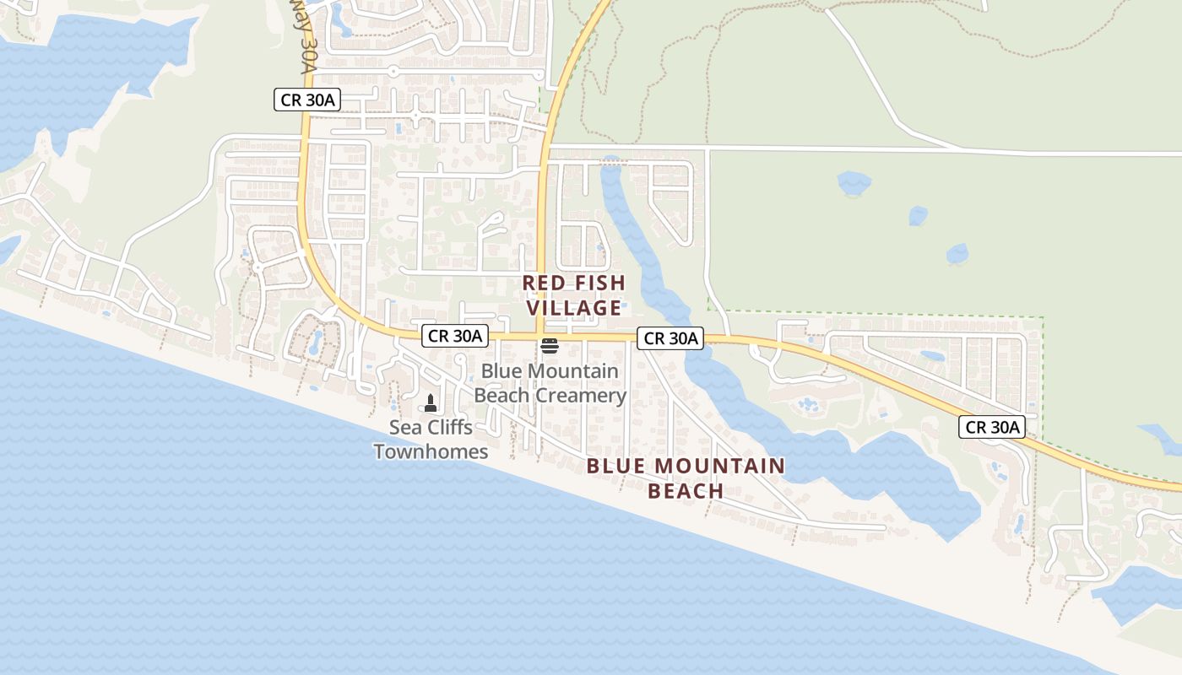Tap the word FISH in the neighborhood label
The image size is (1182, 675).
[x=598, y=283]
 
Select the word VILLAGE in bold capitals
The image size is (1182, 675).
[x=574, y=308]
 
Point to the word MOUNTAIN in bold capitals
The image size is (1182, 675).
[x=719, y=466]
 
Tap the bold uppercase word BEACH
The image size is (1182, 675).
[x=686, y=491]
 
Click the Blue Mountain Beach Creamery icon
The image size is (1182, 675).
[x=550, y=346]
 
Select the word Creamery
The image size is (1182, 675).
[x=586, y=395]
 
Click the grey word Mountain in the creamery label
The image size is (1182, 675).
[x=572, y=371]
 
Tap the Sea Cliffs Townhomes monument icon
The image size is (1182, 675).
[x=431, y=403]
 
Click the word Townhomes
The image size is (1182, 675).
[x=431, y=451]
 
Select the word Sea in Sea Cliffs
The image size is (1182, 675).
[x=404, y=428]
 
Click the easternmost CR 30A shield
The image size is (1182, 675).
[x=992, y=427]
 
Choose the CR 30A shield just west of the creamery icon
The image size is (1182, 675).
[x=455, y=336]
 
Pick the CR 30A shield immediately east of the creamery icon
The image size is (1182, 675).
[x=670, y=338]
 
